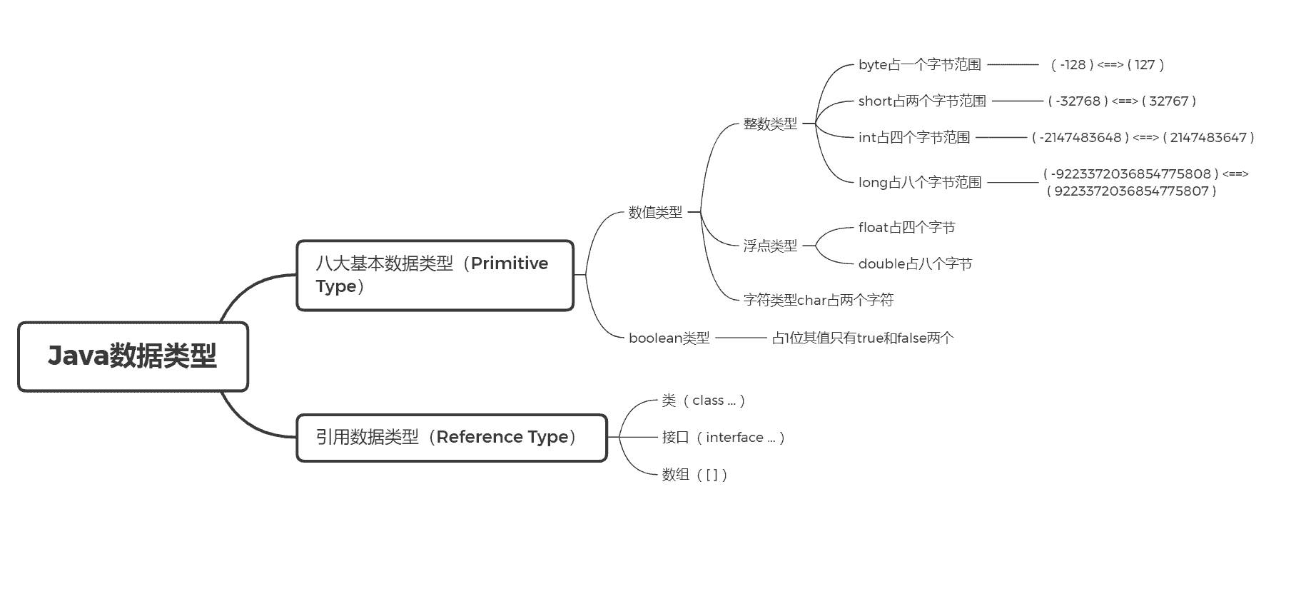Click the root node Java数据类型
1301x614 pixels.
(x=133, y=356)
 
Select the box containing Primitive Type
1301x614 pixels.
(x=435, y=275)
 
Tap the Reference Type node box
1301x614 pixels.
(x=451, y=437)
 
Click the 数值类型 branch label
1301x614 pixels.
(x=655, y=212)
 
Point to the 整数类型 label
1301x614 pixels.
(x=770, y=124)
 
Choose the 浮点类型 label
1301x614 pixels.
(x=770, y=246)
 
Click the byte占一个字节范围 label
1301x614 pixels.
(x=919, y=64)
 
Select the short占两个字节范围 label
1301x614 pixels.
(x=922, y=101)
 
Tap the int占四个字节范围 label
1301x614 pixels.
(x=914, y=137)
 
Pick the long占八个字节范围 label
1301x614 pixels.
(x=919, y=182)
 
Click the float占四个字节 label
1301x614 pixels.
(x=906, y=227)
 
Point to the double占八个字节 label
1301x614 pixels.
(x=915, y=263)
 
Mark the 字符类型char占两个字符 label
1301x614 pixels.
(x=818, y=300)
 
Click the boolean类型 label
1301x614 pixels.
(x=669, y=338)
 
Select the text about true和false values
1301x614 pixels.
(x=862, y=338)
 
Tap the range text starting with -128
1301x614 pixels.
(x=1108, y=64)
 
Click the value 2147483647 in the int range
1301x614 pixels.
(x=1208, y=137)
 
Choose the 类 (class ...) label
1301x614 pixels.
(x=704, y=401)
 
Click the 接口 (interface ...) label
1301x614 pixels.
(x=723, y=437)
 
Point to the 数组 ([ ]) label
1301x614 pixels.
(x=694, y=474)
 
